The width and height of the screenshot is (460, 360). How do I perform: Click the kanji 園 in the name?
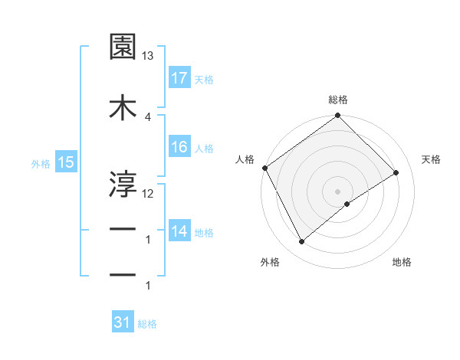[123, 47]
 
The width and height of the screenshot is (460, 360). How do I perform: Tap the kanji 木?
[123, 108]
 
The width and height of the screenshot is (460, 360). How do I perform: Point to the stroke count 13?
[148, 57]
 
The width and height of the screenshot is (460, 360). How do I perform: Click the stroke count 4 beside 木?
[147, 116]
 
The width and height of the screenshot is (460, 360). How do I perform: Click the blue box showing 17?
[179, 78]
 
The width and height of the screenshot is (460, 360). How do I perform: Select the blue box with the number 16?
[179, 147]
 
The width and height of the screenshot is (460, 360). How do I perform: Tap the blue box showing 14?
[179, 231]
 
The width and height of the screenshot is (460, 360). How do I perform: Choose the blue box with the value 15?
[66, 162]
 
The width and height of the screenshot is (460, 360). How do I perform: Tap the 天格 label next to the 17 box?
[204, 79]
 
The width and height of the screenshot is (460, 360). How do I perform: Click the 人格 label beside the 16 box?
[204, 148]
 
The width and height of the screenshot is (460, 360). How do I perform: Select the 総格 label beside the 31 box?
[147, 324]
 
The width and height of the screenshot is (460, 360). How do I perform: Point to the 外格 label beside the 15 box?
[41, 163]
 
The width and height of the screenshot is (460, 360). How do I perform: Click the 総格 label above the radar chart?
[338, 100]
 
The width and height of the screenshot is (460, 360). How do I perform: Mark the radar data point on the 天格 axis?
[396, 172]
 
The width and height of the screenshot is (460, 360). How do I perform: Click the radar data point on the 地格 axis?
[347, 204]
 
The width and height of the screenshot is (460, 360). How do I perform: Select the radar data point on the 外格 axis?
[301, 242]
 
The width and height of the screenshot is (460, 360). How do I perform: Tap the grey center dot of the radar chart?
[338, 191]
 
